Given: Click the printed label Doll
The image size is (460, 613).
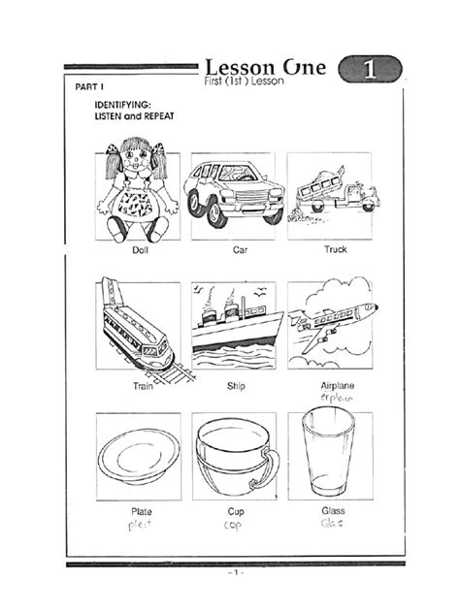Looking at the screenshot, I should (x=142, y=250).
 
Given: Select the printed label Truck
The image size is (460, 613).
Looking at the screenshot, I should (x=336, y=250).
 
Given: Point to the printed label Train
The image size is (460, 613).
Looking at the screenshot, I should (x=144, y=386).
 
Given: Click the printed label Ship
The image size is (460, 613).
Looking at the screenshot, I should (x=238, y=386).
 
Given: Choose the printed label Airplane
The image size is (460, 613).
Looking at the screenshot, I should (x=337, y=386).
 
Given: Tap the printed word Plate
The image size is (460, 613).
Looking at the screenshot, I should (x=142, y=510).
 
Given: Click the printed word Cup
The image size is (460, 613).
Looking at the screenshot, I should (x=236, y=510).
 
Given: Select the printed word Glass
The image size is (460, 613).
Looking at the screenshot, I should (x=333, y=510).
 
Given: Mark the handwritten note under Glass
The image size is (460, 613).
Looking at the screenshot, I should (x=333, y=524).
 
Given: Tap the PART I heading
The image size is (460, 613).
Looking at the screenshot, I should (x=90, y=85).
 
